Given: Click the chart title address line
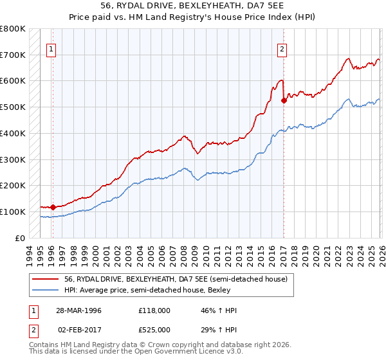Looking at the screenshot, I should tap(192, 6).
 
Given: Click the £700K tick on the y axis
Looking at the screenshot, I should tap(13, 55).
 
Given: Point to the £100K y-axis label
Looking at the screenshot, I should tap(13, 212).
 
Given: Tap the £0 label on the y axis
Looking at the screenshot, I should tap(20, 238).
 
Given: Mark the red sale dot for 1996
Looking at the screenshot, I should tap(53, 207).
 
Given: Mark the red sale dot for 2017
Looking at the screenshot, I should tap(284, 100).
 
